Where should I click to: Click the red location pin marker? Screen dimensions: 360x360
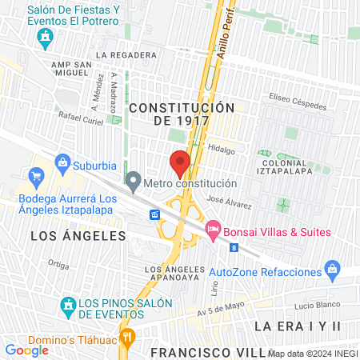coord(180,162)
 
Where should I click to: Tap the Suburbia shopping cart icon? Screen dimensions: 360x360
coord(36,176)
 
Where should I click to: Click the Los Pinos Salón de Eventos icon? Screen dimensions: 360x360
coord(69,305)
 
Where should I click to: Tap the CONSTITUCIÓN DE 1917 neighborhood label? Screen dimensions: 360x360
coord(182,114)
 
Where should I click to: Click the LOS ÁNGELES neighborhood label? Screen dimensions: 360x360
coord(78,236)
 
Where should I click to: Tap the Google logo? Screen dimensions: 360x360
coord(26,350)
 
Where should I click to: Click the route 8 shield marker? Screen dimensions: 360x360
coord(233,248)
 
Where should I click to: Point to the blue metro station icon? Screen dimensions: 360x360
coord(155,214)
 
